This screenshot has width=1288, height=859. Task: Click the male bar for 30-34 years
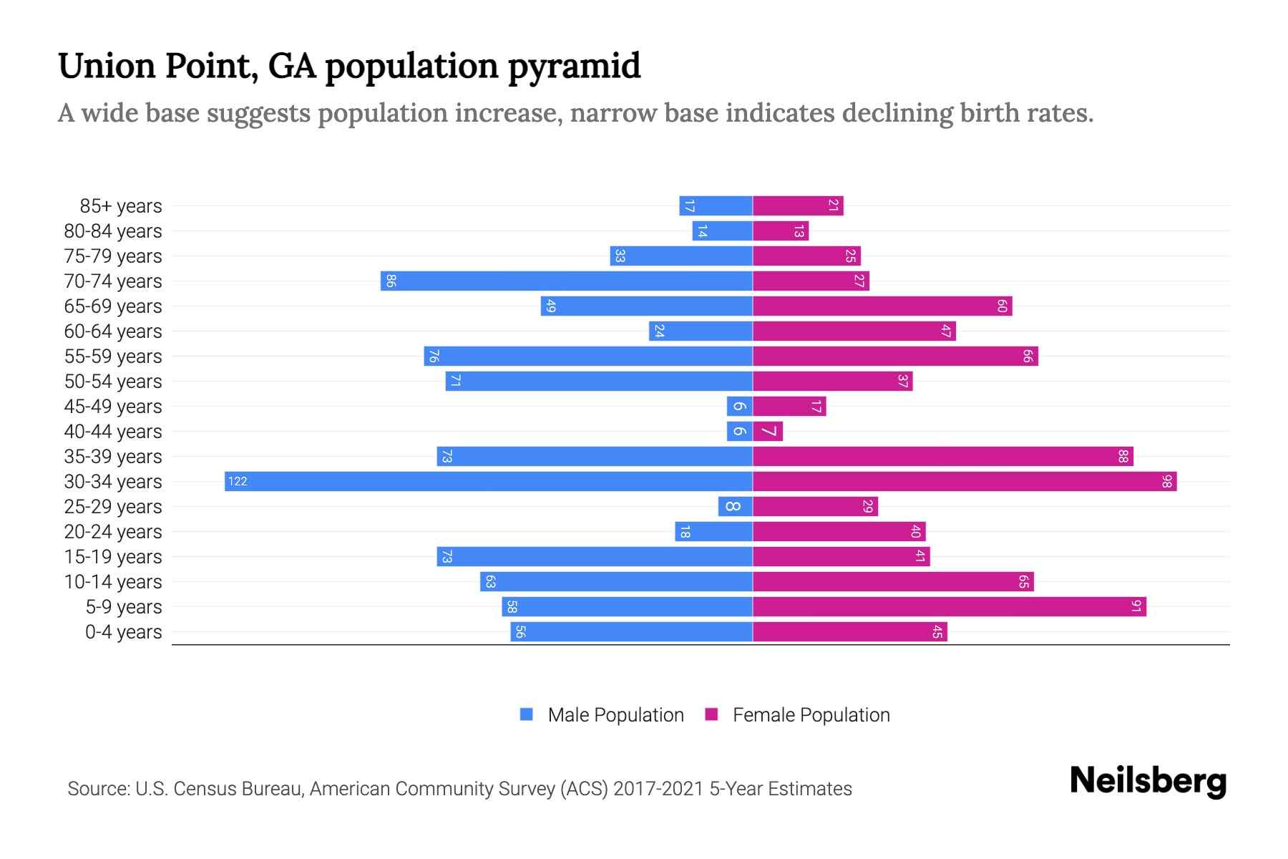[x=489, y=481]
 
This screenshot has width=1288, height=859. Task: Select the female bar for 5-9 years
[x=949, y=606]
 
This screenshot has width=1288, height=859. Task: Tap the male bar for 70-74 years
[x=566, y=281]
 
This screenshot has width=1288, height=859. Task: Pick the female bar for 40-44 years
[x=768, y=431]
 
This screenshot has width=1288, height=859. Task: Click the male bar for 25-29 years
[x=736, y=506]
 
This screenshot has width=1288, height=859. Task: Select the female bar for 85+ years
[x=798, y=205]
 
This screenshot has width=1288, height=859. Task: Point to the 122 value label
[x=238, y=481]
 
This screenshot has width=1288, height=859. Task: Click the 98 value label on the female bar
[x=1166, y=481]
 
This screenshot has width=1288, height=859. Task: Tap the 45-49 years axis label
[x=113, y=406]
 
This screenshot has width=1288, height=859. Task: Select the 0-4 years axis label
[x=123, y=631]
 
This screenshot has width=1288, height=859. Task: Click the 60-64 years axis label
[x=113, y=331]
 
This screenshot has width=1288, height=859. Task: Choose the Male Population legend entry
[x=615, y=714]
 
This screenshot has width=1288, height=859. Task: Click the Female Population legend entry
[x=811, y=714]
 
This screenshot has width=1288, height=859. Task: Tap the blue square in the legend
[x=527, y=714]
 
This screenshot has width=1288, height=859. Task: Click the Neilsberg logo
[x=1148, y=781]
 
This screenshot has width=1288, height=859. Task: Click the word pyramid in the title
[x=575, y=66]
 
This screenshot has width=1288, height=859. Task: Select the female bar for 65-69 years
[x=882, y=306]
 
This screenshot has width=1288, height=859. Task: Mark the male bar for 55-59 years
[x=587, y=356]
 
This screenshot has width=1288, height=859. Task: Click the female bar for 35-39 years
[x=942, y=456]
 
